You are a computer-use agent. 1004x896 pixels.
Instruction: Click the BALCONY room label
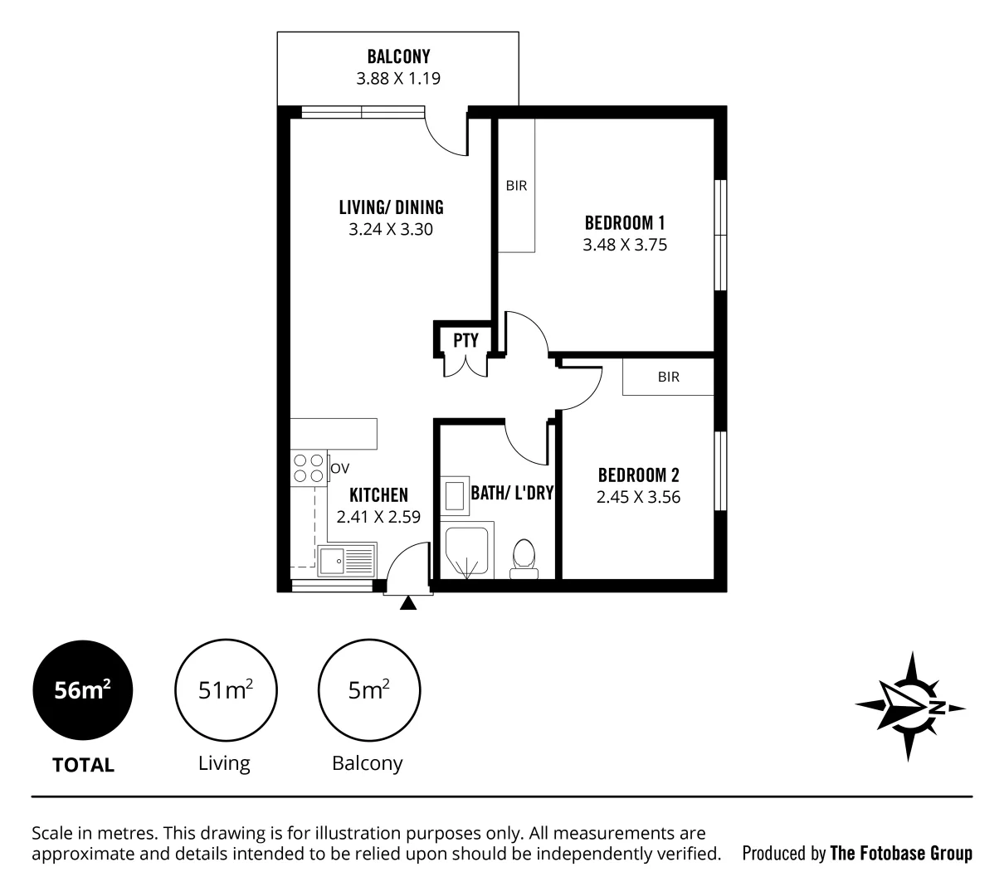[x=398, y=57]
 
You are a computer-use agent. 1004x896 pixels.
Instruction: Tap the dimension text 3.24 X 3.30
[x=391, y=229]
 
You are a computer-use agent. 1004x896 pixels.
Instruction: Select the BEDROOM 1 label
[x=625, y=222]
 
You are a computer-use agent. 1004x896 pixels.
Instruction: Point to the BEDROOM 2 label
[x=638, y=475]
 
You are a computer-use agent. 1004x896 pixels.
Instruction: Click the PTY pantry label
[x=465, y=340]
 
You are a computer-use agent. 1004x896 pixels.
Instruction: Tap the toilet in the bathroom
[x=524, y=557]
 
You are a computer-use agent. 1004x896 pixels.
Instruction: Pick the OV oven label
[x=339, y=469]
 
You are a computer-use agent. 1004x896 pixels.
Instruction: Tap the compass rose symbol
[x=909, y=707]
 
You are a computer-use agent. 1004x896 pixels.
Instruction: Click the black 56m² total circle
[x=82, y=690]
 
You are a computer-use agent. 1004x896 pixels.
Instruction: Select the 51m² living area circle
[x=226, y=690]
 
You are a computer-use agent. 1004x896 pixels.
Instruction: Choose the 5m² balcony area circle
[x=368, y=690]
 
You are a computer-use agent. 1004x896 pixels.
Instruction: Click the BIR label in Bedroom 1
[x=516, y=186]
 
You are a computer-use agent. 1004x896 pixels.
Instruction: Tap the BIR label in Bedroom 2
[x=668, y=377]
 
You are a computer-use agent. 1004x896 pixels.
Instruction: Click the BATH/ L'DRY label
[x=512, y=492]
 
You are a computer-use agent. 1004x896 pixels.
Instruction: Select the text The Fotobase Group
[x=901, y=853]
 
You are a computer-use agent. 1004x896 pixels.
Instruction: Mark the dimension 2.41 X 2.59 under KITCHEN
[x=378, y=516]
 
